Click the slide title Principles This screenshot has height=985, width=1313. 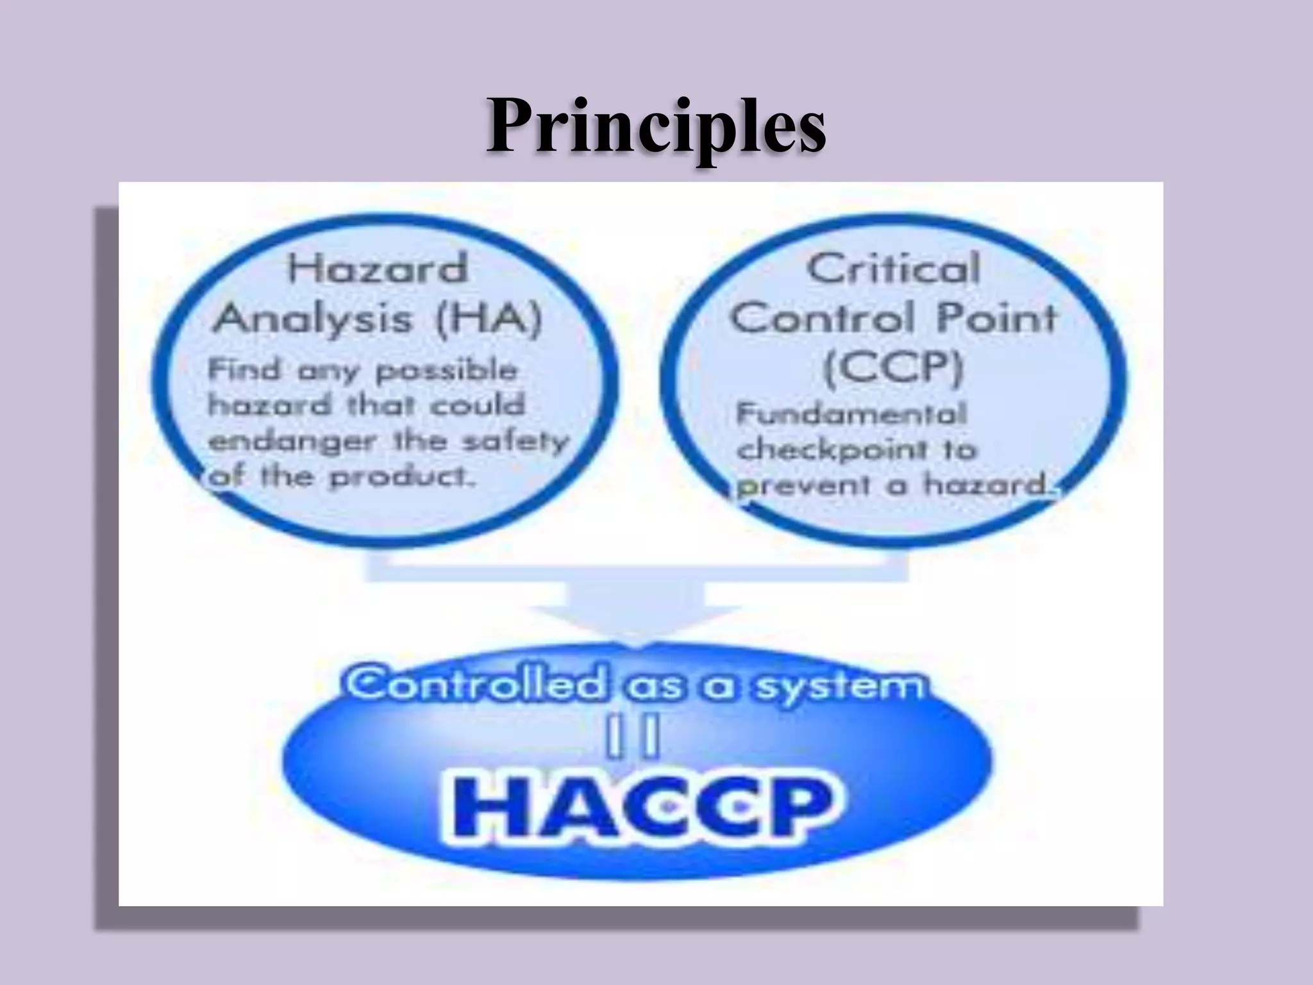(x=655, y=126)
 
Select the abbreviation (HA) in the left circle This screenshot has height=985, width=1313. (x=489, y=318)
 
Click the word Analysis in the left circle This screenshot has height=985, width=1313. (x=312, y=318)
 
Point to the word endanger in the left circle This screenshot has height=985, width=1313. (x=292, y=442)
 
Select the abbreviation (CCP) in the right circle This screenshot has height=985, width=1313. (x=893, y=367)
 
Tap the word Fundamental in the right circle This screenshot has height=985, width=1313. (x=851, y=414)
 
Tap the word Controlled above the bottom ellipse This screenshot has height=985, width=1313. (x=476, y=684)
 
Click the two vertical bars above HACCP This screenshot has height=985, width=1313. (x=633, y=739)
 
